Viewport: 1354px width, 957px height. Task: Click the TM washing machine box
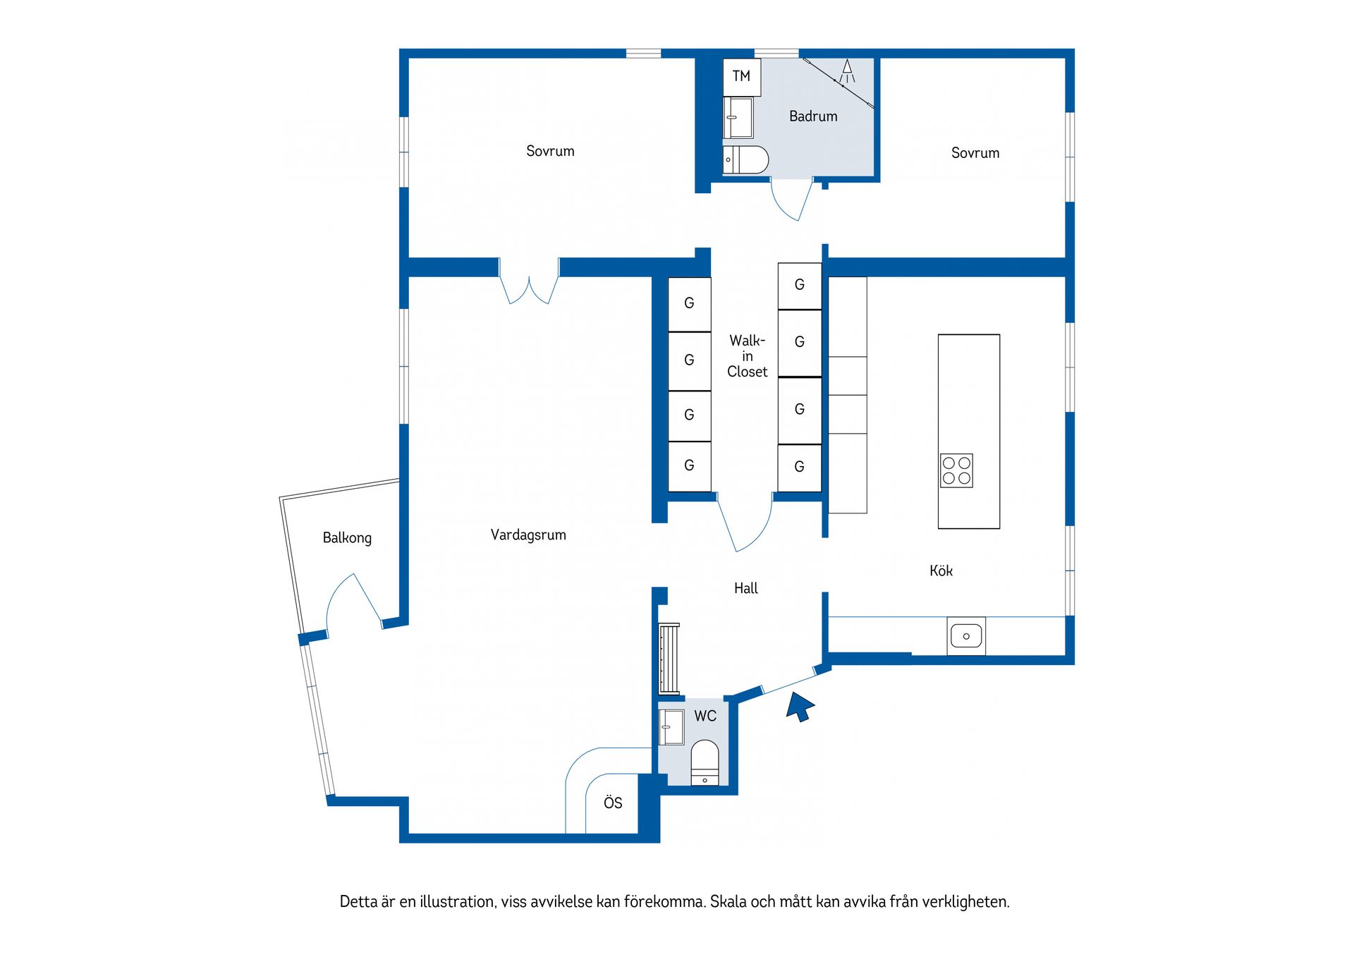[742, 77]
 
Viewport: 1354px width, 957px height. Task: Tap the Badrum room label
[813, 116]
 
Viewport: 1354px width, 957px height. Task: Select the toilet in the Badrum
[745, 160]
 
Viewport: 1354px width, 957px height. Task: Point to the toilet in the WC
[705, 762]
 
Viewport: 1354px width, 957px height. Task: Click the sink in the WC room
[671, 727]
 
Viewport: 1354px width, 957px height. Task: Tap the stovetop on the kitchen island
[957, 471]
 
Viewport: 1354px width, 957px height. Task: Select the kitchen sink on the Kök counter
[966, 636]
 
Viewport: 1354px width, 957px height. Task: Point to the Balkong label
[347, 538]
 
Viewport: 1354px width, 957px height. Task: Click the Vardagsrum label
[528, 535]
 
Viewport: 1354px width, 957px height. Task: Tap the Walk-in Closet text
[748, 356]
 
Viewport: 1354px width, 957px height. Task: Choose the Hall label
[746, 588]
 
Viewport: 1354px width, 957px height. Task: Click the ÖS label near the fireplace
[613, 802]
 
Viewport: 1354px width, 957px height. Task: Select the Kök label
[941, 571]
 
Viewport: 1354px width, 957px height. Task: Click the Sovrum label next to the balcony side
[550, 151]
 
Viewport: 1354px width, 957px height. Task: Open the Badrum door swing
[792, 200]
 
